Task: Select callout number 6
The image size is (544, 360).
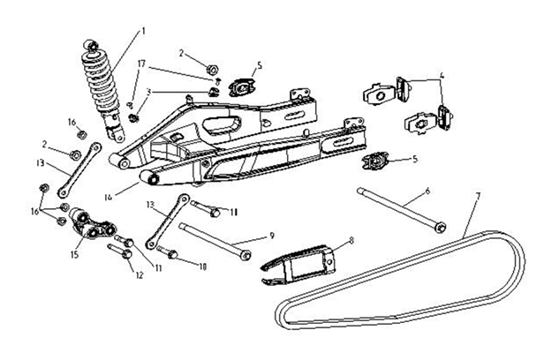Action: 427,190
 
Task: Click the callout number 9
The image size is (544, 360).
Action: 272,236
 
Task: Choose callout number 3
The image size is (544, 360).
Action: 149,91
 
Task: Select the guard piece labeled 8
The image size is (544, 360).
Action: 301,260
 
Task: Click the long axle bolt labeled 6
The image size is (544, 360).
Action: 397,209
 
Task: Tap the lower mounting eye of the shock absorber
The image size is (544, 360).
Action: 115,133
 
